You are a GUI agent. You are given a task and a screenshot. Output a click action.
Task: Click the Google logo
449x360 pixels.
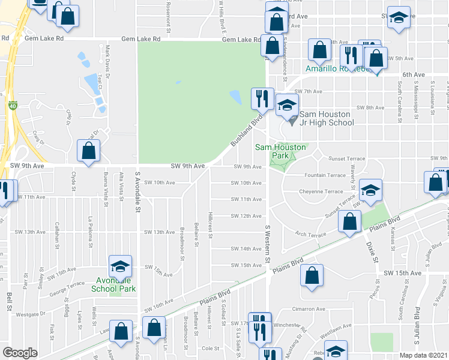tap(20, 353)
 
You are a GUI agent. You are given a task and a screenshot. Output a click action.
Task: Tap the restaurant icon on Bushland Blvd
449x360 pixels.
tap(261, 99)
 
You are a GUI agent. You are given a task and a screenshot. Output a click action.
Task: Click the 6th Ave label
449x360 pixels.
tap(414, 75)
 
